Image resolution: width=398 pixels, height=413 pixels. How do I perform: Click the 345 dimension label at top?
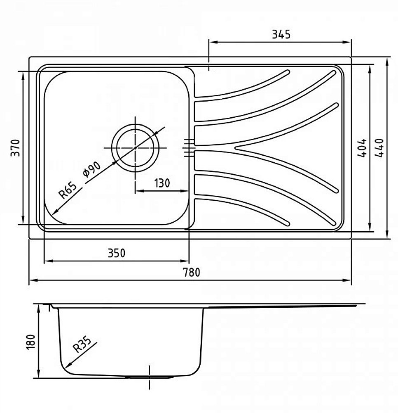[x=281, y=34]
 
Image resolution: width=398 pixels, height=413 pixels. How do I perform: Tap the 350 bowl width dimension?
[x=115, y=253]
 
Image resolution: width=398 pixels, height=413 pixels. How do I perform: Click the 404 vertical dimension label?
[x=362, y=148]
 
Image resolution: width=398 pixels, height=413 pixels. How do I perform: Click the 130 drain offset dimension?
[x=162, y=183]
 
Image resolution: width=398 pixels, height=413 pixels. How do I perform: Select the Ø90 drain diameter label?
[x=92, y=170]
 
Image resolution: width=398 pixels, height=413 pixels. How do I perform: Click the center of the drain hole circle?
[x=136, y=147]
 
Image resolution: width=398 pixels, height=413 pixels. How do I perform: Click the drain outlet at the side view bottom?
[x=149, y=377]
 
